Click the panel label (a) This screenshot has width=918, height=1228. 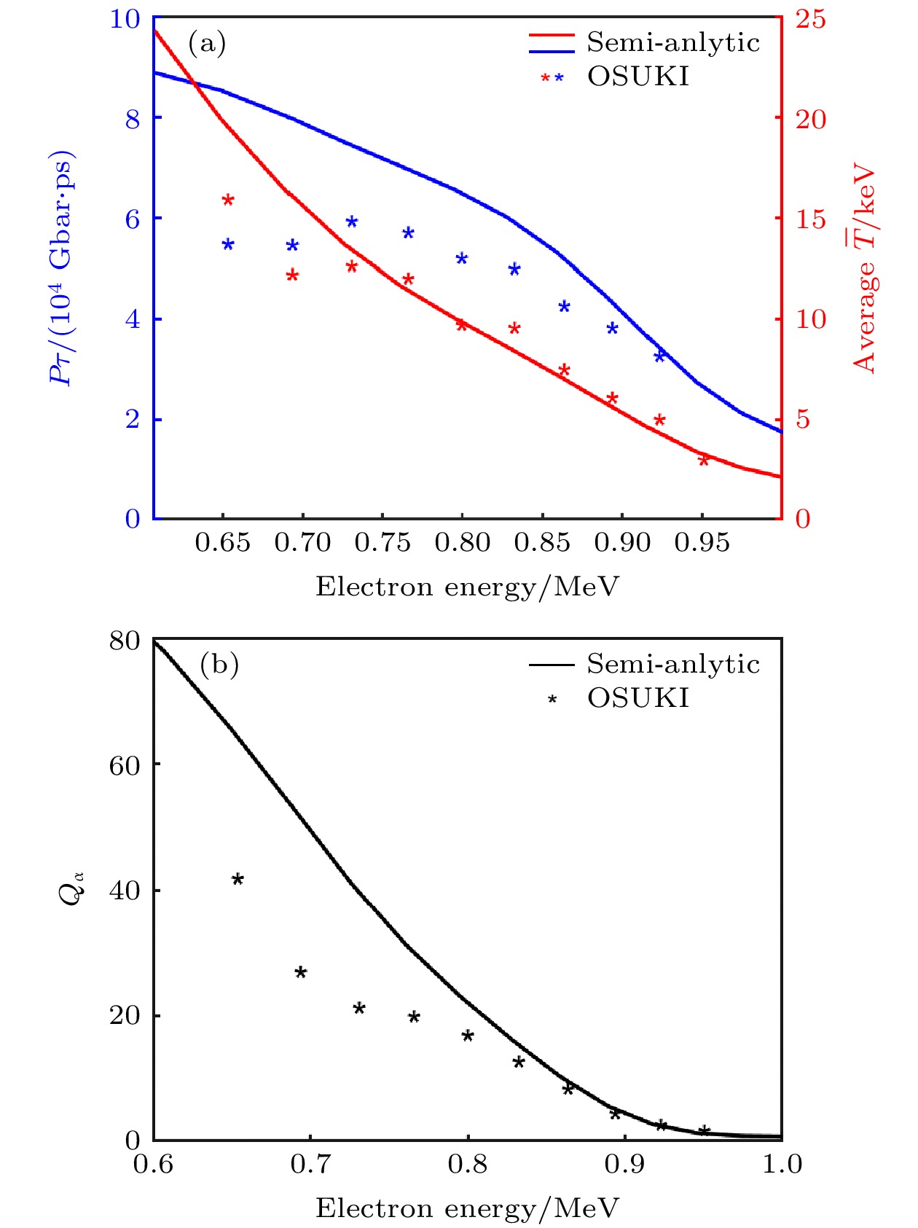pos(207,44)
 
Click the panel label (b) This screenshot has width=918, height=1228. pos(219,665)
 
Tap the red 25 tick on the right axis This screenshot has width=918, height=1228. pos(811,18)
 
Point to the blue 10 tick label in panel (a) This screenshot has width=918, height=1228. pos(125,18)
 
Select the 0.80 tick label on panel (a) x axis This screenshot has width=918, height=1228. pos(462,542)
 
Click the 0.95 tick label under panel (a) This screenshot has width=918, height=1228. pos(702,542)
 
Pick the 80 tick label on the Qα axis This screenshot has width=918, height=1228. pos(124,641)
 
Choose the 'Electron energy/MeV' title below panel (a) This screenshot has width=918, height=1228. pos(467,587)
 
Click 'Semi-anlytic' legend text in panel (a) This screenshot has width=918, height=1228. pos(673,43)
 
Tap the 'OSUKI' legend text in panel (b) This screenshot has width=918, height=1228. pos(637,698)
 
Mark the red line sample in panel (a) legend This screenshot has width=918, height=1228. pos(552,34)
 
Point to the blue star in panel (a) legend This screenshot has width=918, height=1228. pos(559,78)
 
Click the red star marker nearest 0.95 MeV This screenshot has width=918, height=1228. pos(704,461)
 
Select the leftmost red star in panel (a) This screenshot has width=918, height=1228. pos(228,200)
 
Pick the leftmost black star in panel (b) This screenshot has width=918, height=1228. pos(238,880)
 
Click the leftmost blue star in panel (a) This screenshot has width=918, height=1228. pos(228,244)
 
